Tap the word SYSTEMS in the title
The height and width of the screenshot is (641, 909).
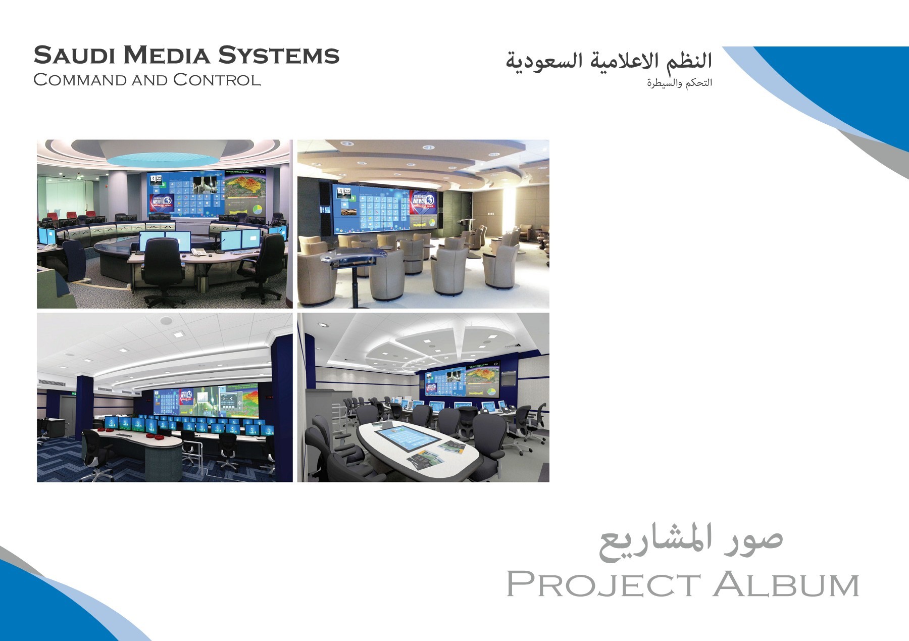coord(279,56)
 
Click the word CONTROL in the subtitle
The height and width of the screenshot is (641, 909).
coord(217,80)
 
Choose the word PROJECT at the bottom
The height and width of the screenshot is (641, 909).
coord(603,584)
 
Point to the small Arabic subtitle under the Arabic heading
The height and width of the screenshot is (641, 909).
coord(679,83)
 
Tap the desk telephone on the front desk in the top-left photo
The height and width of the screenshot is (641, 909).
coord(198,251)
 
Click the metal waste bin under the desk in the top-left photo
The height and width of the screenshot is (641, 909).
coord(203,283)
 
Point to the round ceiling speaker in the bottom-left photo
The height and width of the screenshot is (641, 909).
coord(165,321)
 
